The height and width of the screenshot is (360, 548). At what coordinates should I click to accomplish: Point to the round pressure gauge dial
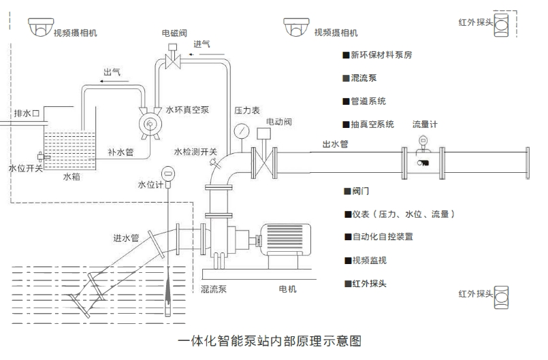[x=242, y=129]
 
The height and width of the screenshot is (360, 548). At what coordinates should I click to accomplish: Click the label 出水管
[x=335, y=144]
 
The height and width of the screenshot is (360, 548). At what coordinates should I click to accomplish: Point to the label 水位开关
[x=25, y=167]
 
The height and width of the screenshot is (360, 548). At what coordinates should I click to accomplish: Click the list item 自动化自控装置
[x=382, y=237]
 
